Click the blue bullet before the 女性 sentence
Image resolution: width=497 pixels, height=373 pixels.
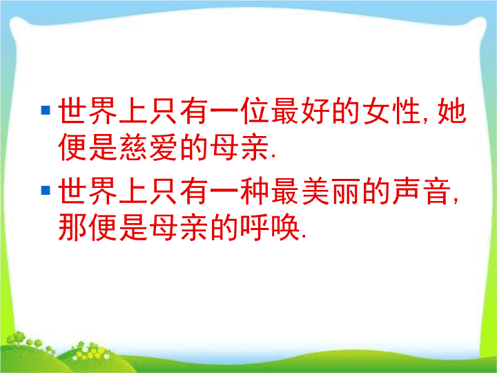click(46, 110)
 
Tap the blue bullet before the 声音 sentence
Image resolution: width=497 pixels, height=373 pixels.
click(46, 191)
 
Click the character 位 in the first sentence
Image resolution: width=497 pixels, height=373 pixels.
click(254, 111)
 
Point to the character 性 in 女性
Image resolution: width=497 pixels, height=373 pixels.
click(407, 111)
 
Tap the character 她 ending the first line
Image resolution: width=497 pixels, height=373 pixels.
click(452, 111)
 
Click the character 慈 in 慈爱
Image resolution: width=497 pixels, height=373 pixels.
click(133, 147)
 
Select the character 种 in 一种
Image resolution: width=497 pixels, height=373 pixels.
click(254, 191)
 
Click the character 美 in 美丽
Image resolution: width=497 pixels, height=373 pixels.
click(315, 191)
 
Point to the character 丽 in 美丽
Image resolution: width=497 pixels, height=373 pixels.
click(346, 191)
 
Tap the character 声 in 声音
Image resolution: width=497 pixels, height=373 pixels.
click(407, 191)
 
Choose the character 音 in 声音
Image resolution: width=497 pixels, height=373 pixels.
click(437, 191)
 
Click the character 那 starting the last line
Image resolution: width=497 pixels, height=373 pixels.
click(72, 227)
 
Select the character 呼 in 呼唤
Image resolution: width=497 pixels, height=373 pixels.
click(254, 227)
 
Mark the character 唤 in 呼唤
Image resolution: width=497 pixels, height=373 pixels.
click(284, 227)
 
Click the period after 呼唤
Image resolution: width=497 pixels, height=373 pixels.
click(304, 237)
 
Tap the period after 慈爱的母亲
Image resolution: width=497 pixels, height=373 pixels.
click(274, 156)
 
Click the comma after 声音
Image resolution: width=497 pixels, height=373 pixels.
click(456, 200)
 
